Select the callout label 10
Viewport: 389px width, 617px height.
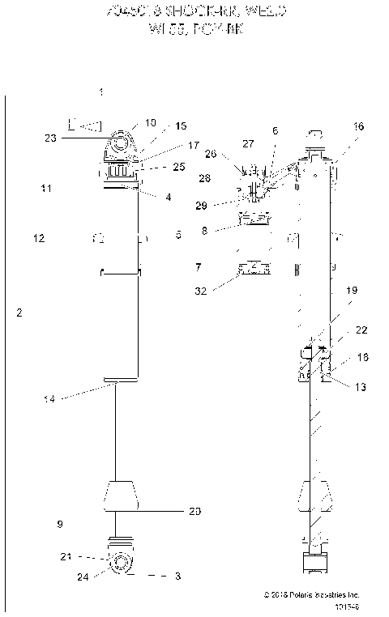pyautogui.click(x=151, y=123)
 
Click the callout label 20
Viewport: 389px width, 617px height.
pyautogui.click(x=194, y=511)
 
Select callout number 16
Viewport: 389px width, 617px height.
pyautogui.click(x=359, y=126)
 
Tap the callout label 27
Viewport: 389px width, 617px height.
pyautogui.click(x=249, y=143)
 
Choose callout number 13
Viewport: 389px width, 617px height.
pyautogui.click(x=360, y=387)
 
